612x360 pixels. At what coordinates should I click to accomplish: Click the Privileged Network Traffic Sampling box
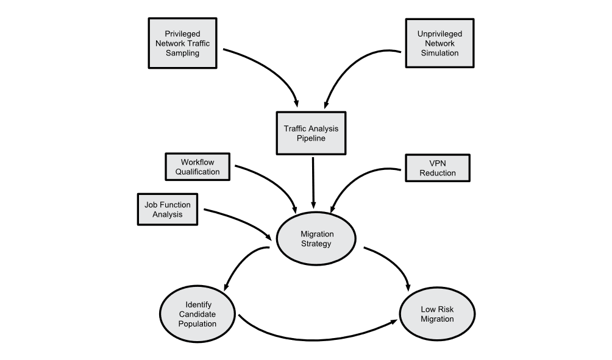pyautogui.click(x=183, y=43)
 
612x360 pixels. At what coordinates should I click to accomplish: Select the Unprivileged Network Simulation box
pyautogui.click(x=439, y=43)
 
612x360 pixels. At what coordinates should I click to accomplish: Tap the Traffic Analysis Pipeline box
pyautogui.click(x=311, y=133)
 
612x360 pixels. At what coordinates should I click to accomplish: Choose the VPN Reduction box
pyautogui.click(x=438, y=168)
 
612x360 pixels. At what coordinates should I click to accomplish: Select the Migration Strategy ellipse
pyautogui.click(x=316, y=239)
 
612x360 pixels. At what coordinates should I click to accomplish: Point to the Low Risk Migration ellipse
pyautogui.click(x=437, y=314)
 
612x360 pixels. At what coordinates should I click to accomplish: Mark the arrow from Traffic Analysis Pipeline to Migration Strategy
pyautogui.click(x=313, y=183)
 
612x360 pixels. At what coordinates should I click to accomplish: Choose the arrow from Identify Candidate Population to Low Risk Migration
pyautogui.click(x=317, y=339)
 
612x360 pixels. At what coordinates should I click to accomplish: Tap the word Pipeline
pyautogui.click(x=311, y=138)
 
